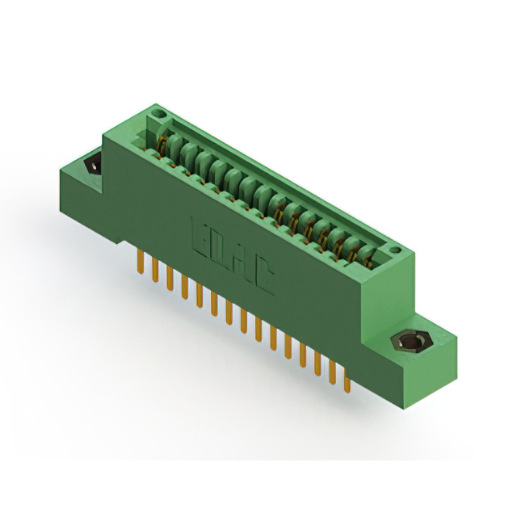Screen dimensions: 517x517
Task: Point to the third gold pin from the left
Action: [x=170, y=280]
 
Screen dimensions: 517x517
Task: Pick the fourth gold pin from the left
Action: [x=184, y=288]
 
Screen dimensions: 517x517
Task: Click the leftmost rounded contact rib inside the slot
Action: [x=171, y=147]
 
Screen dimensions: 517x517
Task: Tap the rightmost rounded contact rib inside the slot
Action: [x=366, y=252]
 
